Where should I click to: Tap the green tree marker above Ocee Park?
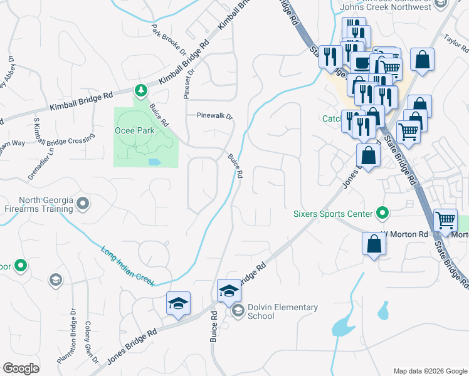click(141, 90)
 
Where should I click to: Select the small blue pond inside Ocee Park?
click(154, 162)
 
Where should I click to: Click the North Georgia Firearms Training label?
click(37, 205)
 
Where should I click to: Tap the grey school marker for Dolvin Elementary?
click(238, 310)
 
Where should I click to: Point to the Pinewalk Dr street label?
click(214, 117)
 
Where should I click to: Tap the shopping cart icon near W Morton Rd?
click(445, 220)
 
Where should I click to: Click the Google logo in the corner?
click(21, 368)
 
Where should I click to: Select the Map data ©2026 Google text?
click(430, 371)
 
